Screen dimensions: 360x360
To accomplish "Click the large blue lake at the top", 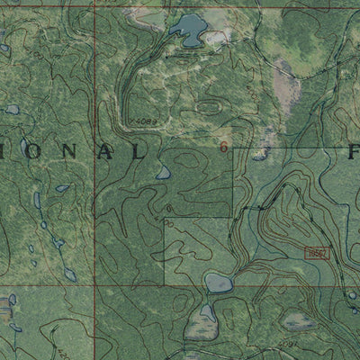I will [x=189, y=30].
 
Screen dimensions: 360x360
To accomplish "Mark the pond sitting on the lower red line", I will [x=219, y=284].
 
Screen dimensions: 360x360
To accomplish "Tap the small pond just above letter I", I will [x=13, y=110].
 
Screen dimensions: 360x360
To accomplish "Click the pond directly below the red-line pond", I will [x=207, y=314].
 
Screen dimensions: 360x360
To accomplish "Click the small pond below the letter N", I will [x=63, y=189].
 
